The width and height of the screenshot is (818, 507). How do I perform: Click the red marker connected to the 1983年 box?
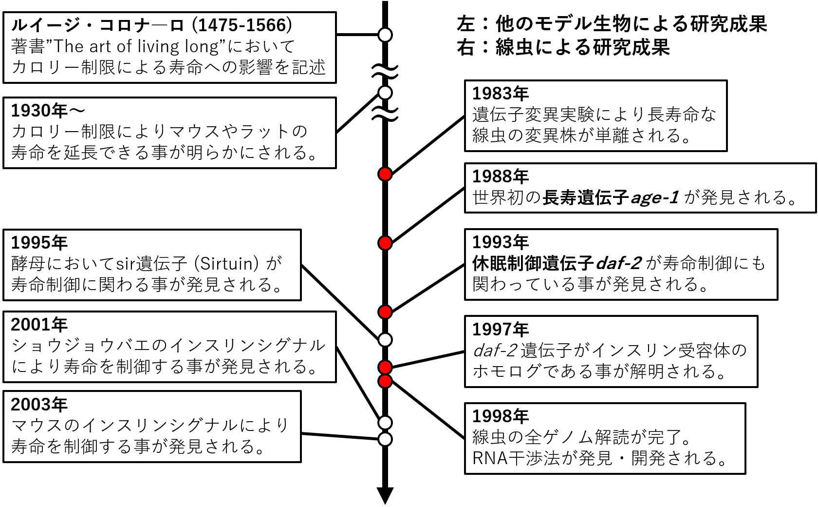click(x=385, y=174)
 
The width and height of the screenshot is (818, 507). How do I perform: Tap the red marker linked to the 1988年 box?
click(x=385, y=242)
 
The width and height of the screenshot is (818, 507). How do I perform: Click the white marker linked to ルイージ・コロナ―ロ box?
click(x=385, y=35)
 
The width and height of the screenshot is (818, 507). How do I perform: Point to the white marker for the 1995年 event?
click(x=385, y=339)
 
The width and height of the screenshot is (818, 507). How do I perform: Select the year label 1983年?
click(x=500, y=93)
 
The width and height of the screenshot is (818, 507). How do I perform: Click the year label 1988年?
click(x=500, y=176)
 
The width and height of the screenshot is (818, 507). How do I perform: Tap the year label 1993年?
click(x=500, y=242)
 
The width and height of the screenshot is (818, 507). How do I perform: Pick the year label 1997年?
click(x=500, y=330)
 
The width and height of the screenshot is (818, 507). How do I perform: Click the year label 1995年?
click(x=39, y=242)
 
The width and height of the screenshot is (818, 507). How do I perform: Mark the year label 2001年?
click(x=39, y=325)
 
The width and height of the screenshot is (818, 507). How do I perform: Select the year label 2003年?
click(x=39, y=404)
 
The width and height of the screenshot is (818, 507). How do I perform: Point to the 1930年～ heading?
click(x=48, y=111)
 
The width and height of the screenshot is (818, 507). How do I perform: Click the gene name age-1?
click(x=654, y=197)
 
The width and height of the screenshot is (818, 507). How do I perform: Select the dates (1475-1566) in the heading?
click(x=242, y=24)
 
